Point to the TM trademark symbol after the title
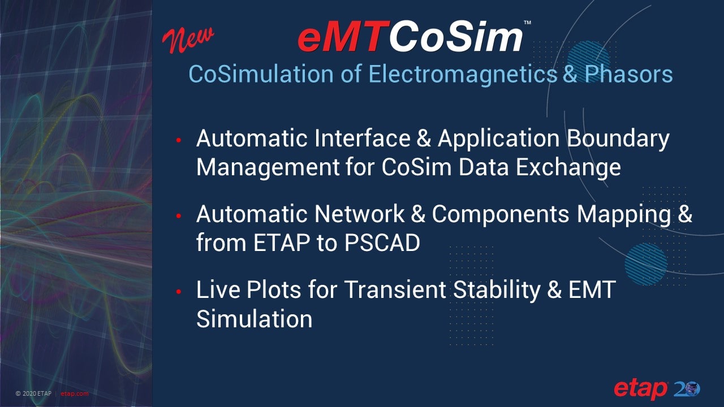pos(527,23)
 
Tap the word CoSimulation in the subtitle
pos(268,74)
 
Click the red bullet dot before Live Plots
pos(178,292)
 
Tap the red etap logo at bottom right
pos(641,389)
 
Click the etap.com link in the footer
pos(75,393)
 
